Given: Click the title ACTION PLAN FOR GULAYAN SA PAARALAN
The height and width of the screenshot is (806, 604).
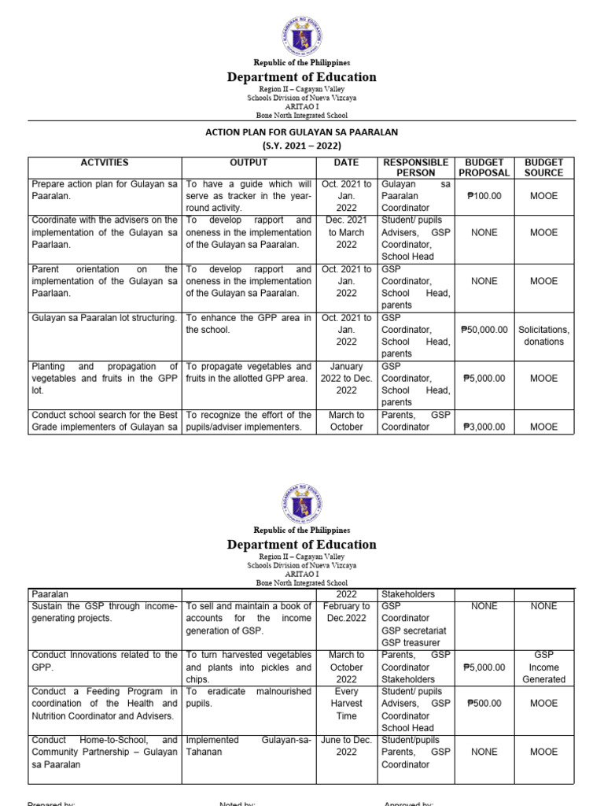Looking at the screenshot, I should click(x=302, y=133).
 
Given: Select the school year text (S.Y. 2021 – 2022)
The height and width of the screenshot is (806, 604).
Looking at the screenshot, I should click(x=302, y=146).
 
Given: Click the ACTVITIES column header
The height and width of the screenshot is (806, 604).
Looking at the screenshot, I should click(x=105, y=163).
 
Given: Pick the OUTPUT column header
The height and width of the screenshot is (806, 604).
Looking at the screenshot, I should click(x=249, y=163).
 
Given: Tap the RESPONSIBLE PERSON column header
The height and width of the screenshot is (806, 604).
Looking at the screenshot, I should click(x=415, y=168).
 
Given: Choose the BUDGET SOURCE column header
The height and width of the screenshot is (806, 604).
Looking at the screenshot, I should click(x=544, y=168).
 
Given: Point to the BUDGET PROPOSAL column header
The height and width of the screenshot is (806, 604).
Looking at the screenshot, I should click(x=484, y=168).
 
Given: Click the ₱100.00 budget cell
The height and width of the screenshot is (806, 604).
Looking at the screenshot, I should click(x=484, y=196).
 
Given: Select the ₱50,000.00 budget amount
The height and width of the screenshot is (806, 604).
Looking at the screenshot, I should click(x=484, y=330).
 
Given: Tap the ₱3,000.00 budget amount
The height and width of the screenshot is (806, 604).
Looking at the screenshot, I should click(x=484, y=427).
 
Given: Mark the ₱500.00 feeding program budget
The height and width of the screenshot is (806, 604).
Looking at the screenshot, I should click(x=484, y=704).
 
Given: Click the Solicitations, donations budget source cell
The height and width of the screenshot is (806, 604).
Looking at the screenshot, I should click(x=544, y=335).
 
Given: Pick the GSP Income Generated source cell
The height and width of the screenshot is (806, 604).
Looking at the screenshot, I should click(x=544, y=667).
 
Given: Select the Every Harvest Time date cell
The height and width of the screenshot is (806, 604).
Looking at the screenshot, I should click(x=346, y=703).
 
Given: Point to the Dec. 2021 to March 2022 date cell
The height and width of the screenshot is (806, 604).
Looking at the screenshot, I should click(x=346, y=232).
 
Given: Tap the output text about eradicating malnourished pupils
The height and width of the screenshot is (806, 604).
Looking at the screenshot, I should click(x=249, y=697).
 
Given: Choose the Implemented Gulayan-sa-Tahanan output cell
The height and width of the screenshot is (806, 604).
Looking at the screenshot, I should click(x=249, y=746).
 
